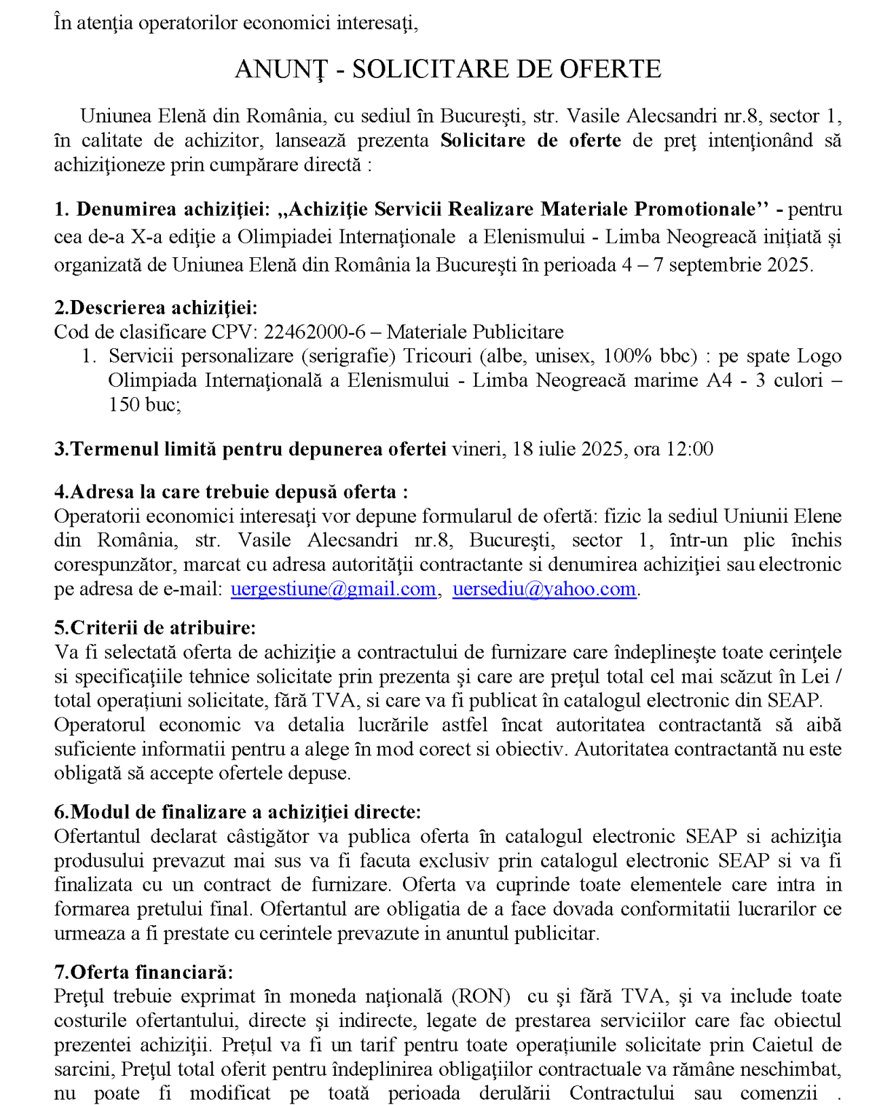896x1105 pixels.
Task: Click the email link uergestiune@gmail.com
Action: (x=333, y=588)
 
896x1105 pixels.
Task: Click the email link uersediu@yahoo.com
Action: (x=544, y=588)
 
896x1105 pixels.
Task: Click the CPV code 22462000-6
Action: (x=314, y=332)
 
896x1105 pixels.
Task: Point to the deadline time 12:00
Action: (x=690, y=449)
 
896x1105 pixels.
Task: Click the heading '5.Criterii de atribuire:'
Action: (x=155, y=628)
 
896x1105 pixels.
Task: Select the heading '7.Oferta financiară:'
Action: (x=143, y=972)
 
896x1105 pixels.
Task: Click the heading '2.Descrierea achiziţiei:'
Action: (x=155, y=307)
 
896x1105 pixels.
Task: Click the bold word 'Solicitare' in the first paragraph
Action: (x=483, y=141)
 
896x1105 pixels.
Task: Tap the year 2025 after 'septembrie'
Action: (x=789, y=265)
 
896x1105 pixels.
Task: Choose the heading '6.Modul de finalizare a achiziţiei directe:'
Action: (x=238, y=812)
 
